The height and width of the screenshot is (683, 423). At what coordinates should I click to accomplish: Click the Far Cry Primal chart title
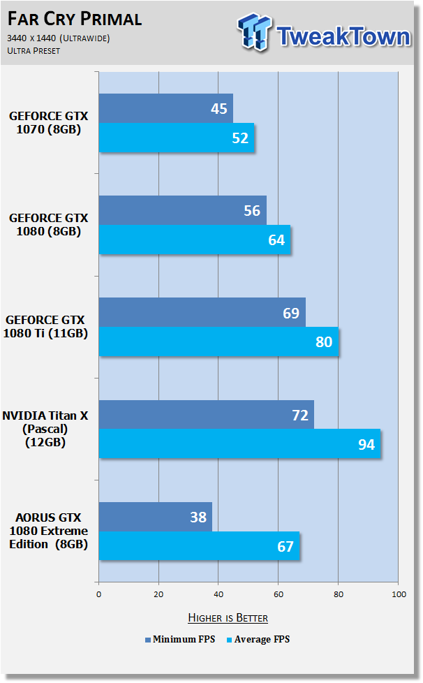pyautogui.click(x=75, y=19)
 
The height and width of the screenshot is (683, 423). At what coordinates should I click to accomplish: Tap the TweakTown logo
pyautogui.click(x=324, y=33)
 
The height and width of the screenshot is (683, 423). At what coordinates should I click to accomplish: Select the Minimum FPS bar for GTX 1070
pyautogui.click(x=166, y=108)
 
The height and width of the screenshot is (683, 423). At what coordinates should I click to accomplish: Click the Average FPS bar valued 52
pyautogui.click(x=176, y=138)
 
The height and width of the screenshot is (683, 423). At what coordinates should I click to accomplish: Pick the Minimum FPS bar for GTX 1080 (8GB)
pyautogui.click(x=182, y=210)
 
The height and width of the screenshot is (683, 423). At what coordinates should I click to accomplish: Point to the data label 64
pyautogui.click(x=276, y=240)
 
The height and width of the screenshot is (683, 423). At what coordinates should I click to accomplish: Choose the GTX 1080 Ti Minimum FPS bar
pyautogui.click(x=202, y=312)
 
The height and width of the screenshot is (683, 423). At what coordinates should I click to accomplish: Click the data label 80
pyautogui.click(x=324, y=342)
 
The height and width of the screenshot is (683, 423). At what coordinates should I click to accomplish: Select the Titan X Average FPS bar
pyautogui.click(x=240, y=444)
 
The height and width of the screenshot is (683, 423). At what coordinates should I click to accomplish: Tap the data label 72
pyautogui.click(x=300, y=415)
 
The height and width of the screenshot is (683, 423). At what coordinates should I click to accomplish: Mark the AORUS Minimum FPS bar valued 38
pyautogui.click(x=156, y=517)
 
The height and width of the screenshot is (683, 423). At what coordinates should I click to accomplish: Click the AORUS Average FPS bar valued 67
pyautogui.click(x=200, y=546)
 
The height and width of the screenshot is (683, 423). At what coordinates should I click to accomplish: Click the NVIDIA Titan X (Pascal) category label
pyautogui.click(x=45, y=429)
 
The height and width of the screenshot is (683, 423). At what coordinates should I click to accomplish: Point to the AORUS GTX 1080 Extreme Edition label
pyautogui.click(x=48, y=531)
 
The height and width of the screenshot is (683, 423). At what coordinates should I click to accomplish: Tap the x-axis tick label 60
pyautogui.click(x=279, y=594)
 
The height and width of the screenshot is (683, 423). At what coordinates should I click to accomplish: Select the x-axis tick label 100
pyautogui.click(x=399, y=594)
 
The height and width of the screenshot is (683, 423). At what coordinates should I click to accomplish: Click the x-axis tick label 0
pyautogui.click(x=99, y=594)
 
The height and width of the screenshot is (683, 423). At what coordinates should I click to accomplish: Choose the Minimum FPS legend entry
pyautogui.click(x=180, y=640)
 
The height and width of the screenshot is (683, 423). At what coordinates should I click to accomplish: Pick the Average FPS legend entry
pyautogui.click(x=258, y=640)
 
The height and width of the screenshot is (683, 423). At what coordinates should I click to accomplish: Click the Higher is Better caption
pyautogui.click(x=228, y=618)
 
